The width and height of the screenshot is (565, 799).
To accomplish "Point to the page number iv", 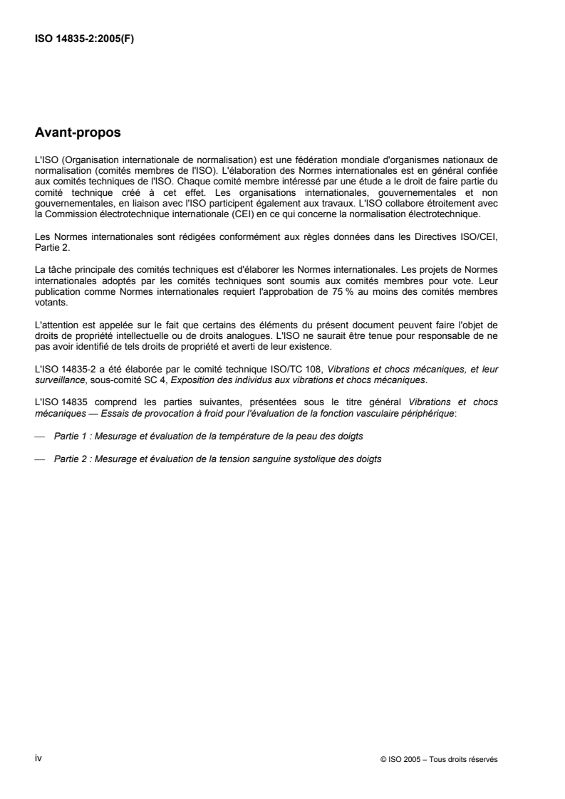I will point(38,758).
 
